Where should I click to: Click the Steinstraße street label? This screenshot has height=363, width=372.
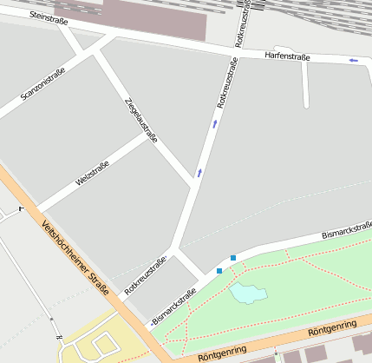click(49, 16)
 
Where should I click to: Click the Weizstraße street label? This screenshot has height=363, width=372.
click(92, 173)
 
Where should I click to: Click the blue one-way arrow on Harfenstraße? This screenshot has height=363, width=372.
click(352, 60)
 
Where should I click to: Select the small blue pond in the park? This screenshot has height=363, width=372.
click(248, 294)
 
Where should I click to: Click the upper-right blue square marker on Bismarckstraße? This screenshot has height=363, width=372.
click(233, 257)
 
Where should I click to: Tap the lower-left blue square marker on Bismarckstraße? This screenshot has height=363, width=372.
click(219, 271)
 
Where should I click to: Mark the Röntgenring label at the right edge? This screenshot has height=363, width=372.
click(331, 328)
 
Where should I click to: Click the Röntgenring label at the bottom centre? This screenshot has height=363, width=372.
click(222, 353)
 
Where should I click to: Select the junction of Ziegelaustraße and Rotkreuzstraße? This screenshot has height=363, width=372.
click(193, 183)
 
